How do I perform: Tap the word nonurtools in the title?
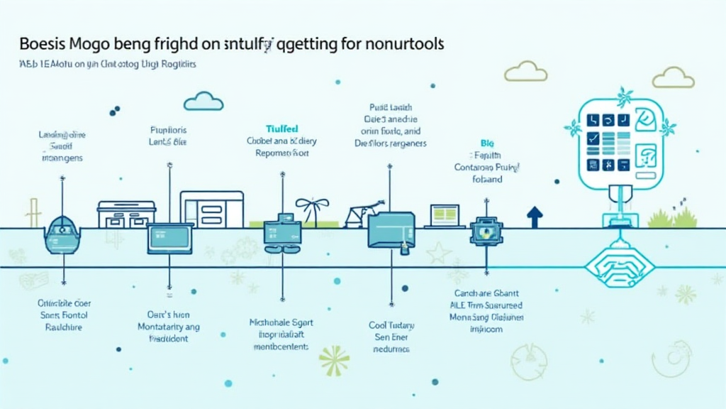point(403,43)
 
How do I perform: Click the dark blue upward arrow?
point(535,216)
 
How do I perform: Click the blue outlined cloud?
point(203,102)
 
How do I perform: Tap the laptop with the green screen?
point(446,215)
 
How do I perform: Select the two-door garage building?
point(126,214)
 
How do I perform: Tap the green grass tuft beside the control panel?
point(663,217)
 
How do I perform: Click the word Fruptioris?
point(168,130)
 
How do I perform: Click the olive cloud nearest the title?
point(525,72)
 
